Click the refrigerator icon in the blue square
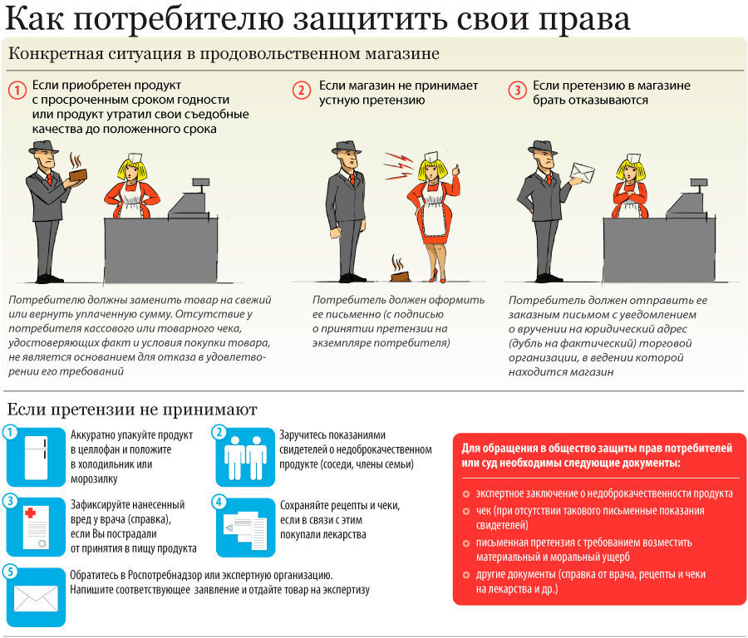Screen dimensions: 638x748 [x=36, y=456]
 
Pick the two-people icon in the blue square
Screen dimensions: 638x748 [x=245, y=456]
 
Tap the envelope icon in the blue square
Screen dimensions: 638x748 [x=36, y=596]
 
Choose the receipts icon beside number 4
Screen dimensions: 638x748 [x=245, y=527]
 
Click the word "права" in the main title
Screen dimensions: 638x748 [x=582, y=18]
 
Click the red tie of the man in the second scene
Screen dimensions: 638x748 [x=353, y=179]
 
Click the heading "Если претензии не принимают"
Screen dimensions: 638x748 [x=132, y=410]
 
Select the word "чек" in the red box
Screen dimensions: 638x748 [x=484, y=510]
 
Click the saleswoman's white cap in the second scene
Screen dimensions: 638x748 [x=431, y=155]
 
